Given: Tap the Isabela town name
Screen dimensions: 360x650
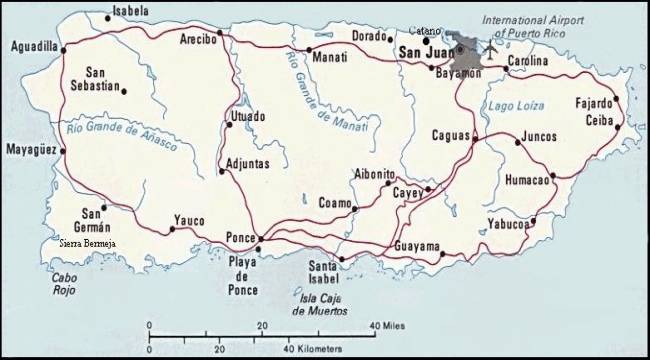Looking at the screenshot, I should [x=128, y=11].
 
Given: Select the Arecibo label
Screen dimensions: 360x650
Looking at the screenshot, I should [x=199, y=41].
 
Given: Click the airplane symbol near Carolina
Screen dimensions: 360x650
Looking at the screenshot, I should [x=491, y=46].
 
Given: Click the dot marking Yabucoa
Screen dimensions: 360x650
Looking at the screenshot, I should [x=533, y=220].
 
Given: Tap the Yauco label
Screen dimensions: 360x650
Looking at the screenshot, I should [x=190, y=219].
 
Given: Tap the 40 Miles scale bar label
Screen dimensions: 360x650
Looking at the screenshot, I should [x=389, y=326].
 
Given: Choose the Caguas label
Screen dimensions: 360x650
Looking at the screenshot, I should [x=450, y=134].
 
